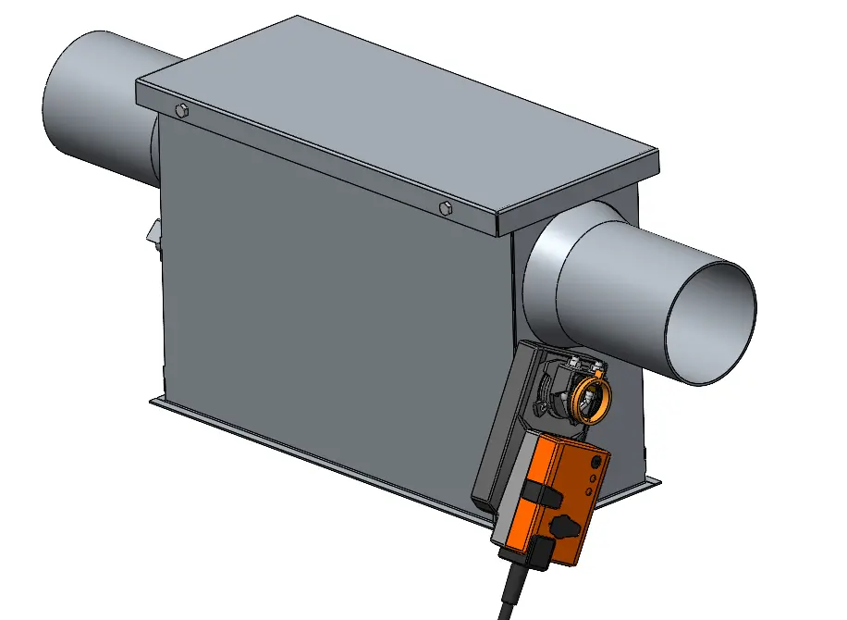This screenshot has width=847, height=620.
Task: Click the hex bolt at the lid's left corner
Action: [x=181, y=112]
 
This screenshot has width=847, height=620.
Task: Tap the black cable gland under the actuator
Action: [x=526, y=555]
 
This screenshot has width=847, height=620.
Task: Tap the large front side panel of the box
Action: [x=324, y=305]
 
